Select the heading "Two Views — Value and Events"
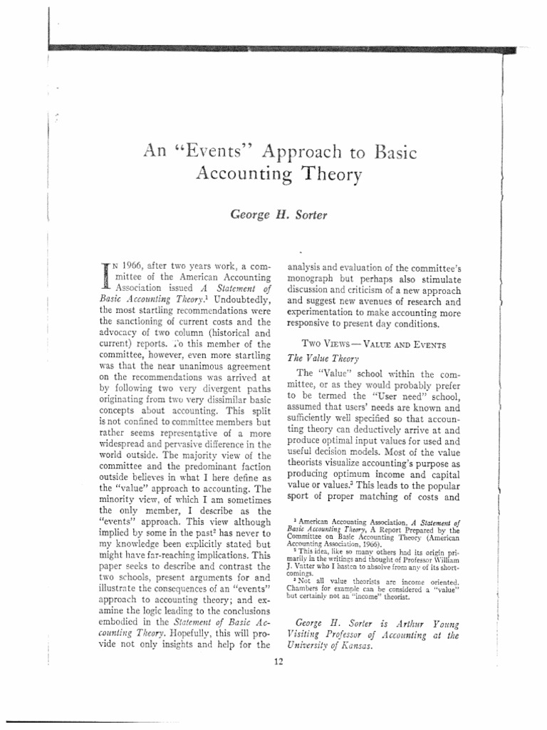pos(375,344)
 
